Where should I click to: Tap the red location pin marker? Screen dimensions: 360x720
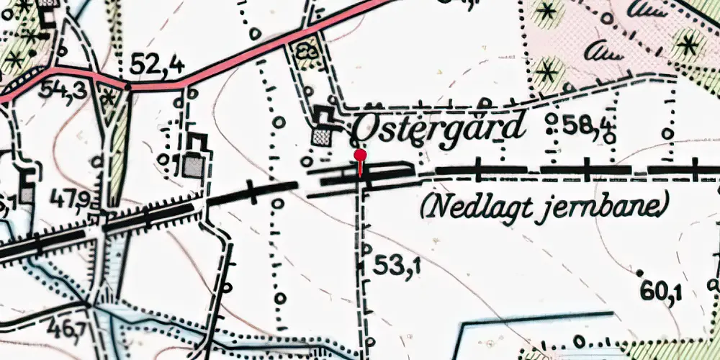(360, 156)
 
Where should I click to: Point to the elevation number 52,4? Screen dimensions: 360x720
(157, 66)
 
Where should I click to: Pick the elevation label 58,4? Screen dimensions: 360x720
(589, 127)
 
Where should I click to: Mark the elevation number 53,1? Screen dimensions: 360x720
(397, 266)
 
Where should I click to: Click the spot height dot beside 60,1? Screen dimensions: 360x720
(639, 272)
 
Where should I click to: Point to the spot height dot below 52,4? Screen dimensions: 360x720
(128, 86)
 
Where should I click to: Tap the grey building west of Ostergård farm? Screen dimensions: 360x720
(194, 166)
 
